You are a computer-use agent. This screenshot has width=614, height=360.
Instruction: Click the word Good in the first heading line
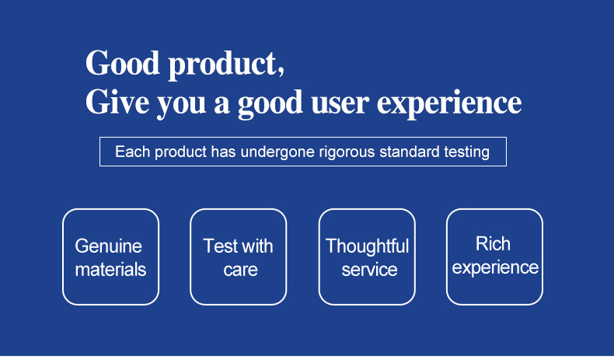click(123, 63)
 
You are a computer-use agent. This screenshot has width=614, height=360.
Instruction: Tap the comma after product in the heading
click(281, 71)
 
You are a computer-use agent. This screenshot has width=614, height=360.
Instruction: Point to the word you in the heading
click(181, 105)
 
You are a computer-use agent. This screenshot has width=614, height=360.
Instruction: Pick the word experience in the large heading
click(449, 104)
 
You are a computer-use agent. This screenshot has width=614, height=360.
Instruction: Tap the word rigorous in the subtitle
click(347, 152)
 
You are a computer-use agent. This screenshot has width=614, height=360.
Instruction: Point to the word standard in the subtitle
click(409, 152)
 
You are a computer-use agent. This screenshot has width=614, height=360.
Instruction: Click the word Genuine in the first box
click(109, 246)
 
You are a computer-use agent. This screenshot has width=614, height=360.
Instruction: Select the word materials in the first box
click(110, 270)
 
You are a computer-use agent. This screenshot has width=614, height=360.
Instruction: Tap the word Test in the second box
click(220, 246)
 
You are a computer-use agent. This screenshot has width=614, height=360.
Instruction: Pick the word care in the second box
click(240, 270)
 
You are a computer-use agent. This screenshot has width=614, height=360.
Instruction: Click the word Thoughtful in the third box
click(368, 246)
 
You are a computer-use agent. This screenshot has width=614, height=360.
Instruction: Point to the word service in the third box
click(369, 270)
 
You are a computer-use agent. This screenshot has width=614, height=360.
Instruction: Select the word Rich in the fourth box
click(493, 243)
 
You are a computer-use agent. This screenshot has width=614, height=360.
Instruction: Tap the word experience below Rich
click(495, 268)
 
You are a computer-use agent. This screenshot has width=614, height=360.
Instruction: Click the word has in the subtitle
click(223, 152)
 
